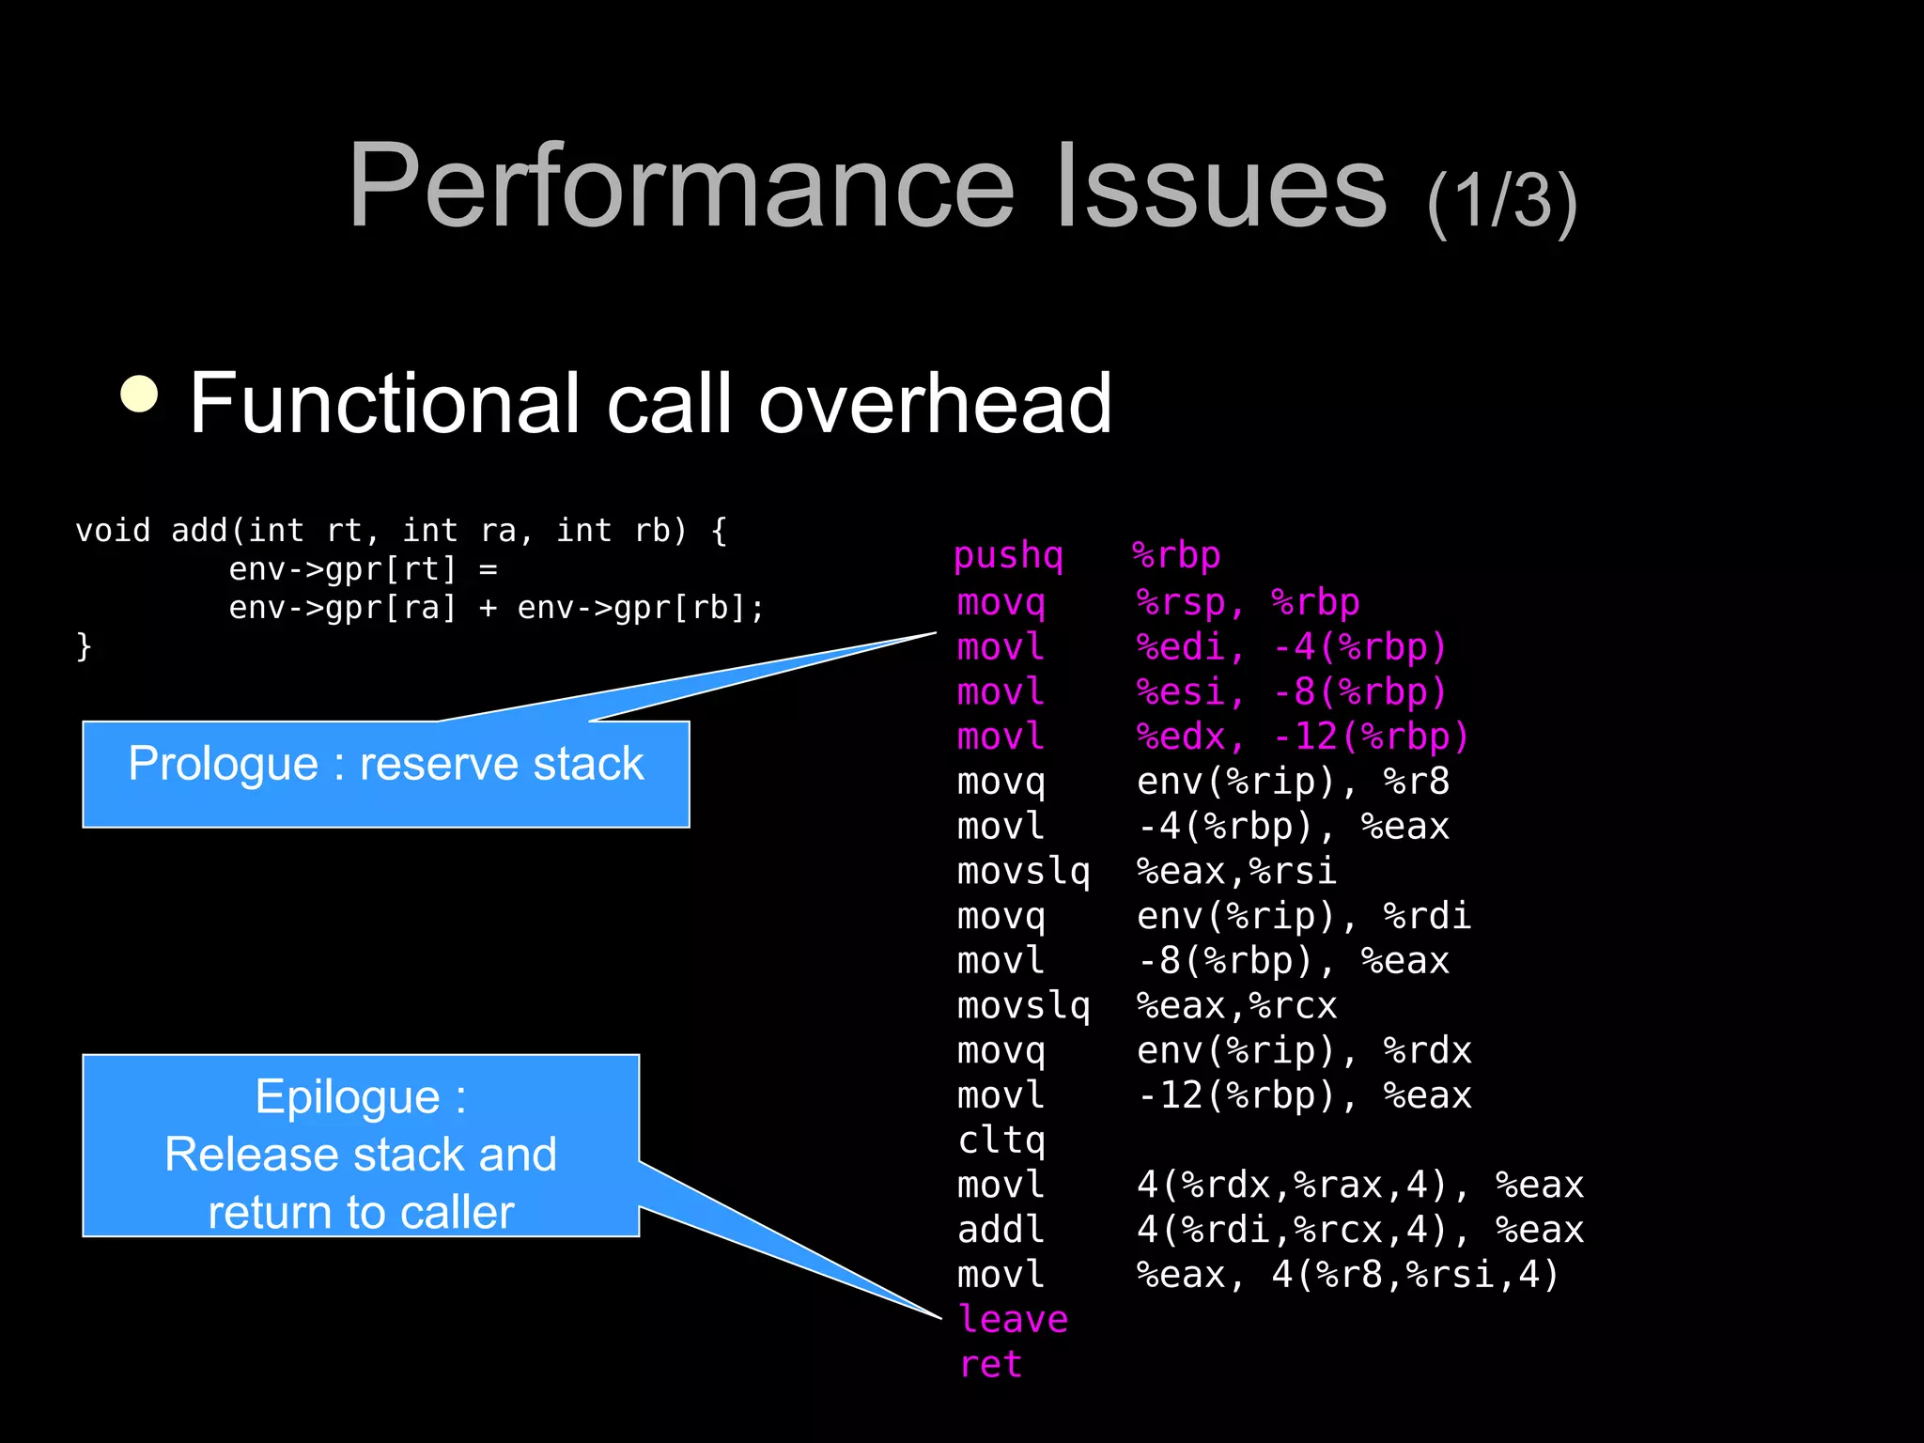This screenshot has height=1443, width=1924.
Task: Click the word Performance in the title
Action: coord(681,186)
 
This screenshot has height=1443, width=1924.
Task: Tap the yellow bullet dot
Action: coord(140,395)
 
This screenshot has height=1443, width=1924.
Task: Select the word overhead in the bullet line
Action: coord(935,403)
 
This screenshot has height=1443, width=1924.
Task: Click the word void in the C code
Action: coord(113,531)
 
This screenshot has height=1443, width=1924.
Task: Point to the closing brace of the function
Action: coord(84,646)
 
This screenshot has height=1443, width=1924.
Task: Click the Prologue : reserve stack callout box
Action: coord(385,773)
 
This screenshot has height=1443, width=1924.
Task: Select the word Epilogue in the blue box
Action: coord(348,1097)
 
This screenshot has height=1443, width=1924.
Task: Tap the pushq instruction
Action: coord(1008,555)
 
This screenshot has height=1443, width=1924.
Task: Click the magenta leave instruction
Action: coord(1013,1319)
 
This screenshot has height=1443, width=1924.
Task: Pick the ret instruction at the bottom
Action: coord(990,1364)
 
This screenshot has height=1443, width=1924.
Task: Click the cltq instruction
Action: coord(1001,1140)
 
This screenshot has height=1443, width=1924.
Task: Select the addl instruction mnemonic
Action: coord(1001,1230)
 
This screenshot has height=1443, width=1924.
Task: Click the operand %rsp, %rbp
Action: coord(1248,602)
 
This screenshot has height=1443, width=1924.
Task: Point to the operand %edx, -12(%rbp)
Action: coord(1302,737)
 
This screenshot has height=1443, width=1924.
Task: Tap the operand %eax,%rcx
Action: coord(1236,1005)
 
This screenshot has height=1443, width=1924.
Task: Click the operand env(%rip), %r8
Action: coord(1293,782)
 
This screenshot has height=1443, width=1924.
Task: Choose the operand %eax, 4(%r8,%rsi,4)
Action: coord(1347,1275)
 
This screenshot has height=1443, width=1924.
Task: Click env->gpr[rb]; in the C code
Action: coord(641,608)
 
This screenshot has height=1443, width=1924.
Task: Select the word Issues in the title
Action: coord(1220,186)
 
